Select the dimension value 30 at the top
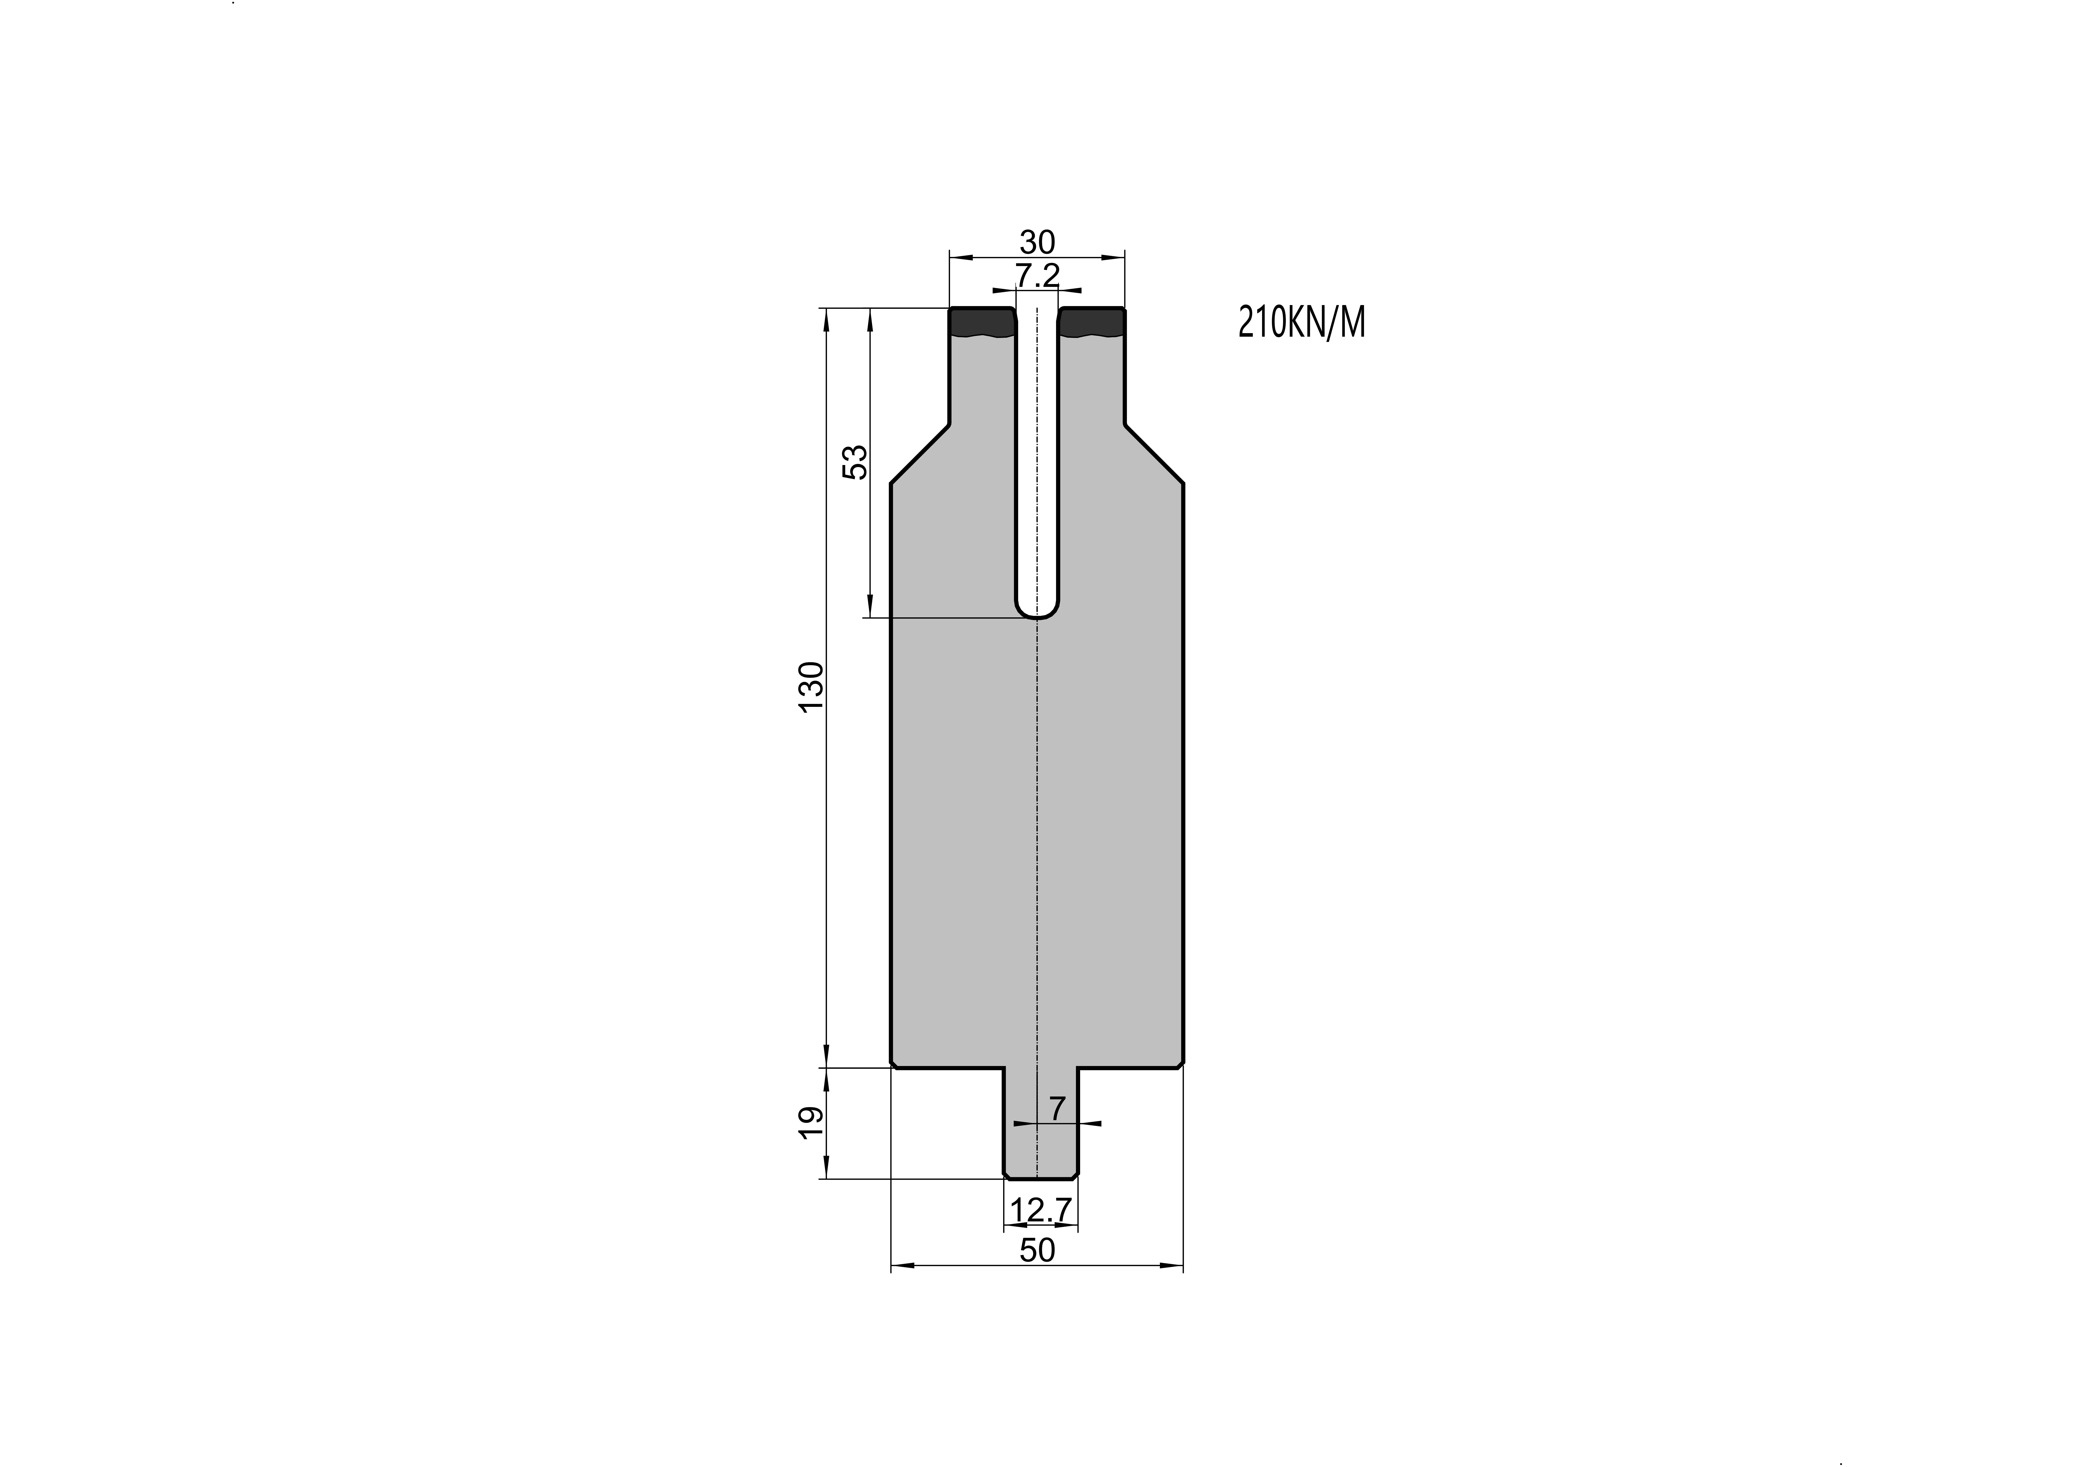[1037, 242]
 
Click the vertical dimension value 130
[812, 686]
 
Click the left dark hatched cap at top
[982, 322]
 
